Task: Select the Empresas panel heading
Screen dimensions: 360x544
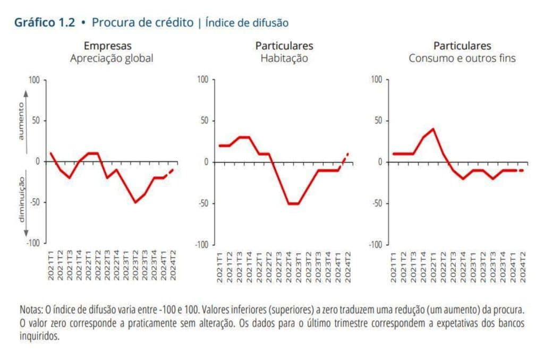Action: coord(107,46)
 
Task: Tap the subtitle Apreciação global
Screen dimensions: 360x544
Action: coord(112,58)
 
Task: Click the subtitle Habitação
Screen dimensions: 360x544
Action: coord(284,58)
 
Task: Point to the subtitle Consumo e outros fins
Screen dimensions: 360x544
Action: coord(462,58)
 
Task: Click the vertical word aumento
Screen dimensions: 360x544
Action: coord(21,122)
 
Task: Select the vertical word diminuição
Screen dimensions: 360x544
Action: coord(21,199)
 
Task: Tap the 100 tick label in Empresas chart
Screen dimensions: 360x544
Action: coord(34,80)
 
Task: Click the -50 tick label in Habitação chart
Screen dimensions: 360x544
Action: coord(202,203)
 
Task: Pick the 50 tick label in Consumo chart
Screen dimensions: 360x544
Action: coord(377,121)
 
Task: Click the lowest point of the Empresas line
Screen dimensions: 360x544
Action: coord(135,202)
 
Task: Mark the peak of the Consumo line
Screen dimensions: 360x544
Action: coord(433,129)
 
